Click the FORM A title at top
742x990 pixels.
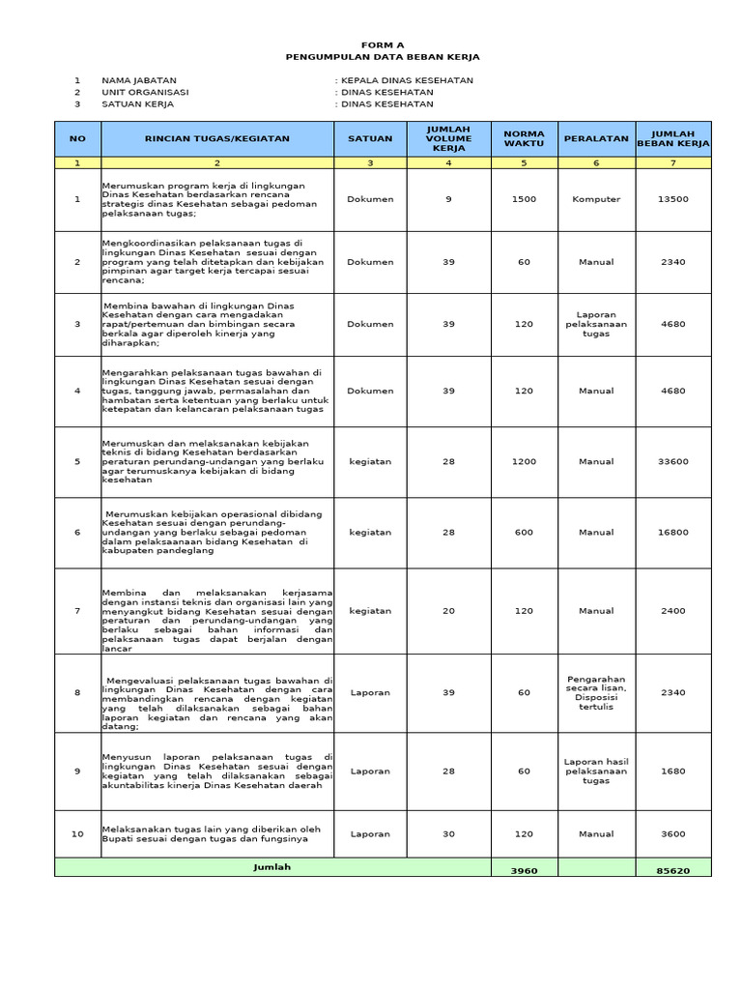(383, 44)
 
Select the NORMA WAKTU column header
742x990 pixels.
(524, 138)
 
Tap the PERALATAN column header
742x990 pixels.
(596, 138)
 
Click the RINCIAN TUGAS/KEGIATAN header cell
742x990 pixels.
(216, 138)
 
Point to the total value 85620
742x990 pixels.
(673, 870)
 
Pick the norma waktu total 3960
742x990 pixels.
(524, 870)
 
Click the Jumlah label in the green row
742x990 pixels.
(271, 867)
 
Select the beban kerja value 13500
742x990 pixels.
(673, 199)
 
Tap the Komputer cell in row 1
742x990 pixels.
(596, 199)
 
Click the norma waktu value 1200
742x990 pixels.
(524, 462)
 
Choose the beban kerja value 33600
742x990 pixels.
(673, 462)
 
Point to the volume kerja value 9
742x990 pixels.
(448, 199)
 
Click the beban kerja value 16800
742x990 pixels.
(673, 532)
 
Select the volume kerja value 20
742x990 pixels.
(448, 611)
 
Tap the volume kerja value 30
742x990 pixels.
(448, 833)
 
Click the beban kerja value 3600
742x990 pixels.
(673, 833)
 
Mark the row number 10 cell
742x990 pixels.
(77, 833)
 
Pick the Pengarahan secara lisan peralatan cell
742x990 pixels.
(596, 692)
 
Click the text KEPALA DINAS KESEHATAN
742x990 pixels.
(407, 80)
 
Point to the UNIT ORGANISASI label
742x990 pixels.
(145, 92)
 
